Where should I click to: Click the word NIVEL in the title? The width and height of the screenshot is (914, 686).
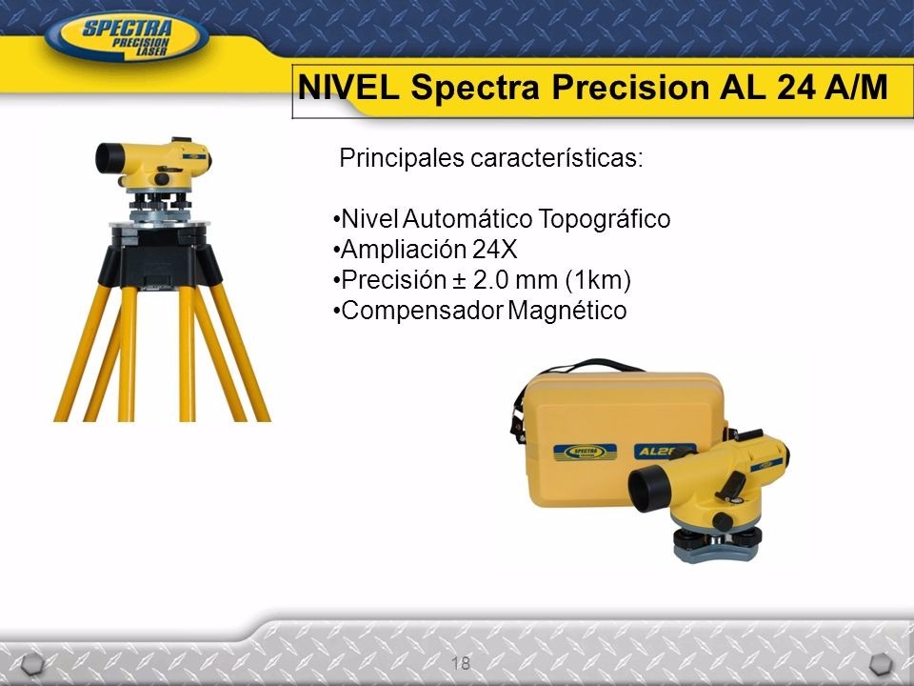click(351, 88)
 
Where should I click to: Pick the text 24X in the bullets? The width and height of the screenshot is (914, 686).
click(492, 250)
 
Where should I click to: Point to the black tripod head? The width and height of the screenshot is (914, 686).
click(163, 252)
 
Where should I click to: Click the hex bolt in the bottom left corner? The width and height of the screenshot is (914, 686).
click(31, 664)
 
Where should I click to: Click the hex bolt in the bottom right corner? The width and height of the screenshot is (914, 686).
click(883, 664)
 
